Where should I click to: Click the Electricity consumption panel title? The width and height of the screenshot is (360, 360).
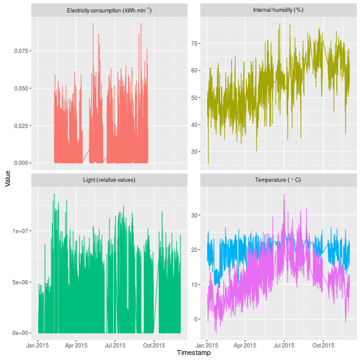coord(109,11)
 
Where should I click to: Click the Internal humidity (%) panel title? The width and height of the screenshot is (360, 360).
coord(277,11)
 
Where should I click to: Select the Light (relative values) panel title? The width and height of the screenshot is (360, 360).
coord(109,180)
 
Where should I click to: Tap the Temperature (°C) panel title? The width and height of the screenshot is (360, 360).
coord(277,180)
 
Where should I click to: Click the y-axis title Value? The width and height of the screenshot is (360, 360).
coord(7,180)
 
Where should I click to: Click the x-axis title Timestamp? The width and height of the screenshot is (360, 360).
coord(194,353)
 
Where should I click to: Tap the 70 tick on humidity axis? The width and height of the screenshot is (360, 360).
coord(194,43)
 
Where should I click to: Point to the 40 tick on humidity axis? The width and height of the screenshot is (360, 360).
coord(194,124)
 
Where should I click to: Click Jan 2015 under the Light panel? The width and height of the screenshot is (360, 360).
coord(38,344)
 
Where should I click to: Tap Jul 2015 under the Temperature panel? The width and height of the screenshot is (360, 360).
coord(284,344)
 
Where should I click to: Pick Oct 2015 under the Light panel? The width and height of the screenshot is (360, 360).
coord(154,344)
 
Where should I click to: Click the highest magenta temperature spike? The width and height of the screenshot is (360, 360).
coord(284,194)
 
